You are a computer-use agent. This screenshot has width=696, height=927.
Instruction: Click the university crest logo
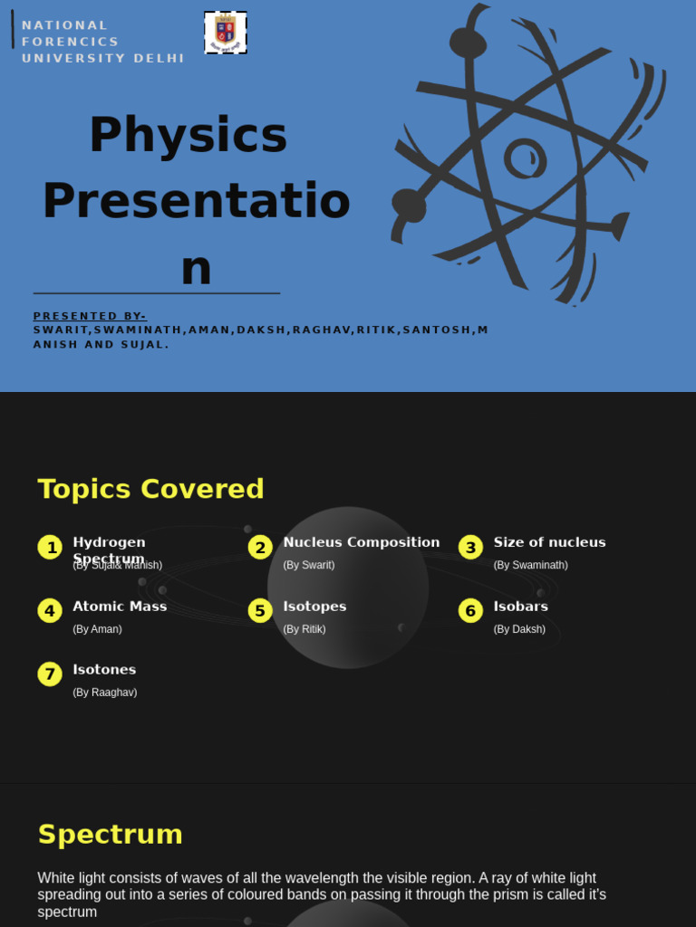[x=226, y=33]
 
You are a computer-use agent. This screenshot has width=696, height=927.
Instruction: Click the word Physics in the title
[x=188, y=135]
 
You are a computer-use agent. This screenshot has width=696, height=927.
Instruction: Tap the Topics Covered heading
[x=150, y=489]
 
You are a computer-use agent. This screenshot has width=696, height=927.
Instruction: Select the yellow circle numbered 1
[x=50, y=547]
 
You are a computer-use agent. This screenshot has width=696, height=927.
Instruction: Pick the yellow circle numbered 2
[x=260, y=547]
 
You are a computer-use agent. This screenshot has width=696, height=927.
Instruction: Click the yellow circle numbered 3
[x=470, y=547]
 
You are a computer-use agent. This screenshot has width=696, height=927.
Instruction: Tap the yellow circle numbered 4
[x=50, y=610]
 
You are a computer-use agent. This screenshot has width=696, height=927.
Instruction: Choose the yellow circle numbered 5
[x=260, y=610]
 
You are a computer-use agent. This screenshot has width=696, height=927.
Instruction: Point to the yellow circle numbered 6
[x=470, y=610]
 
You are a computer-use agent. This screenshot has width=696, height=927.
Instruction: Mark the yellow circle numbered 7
[x=50, y=674]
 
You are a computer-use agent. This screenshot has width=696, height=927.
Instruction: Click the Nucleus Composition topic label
[x=361, y=542]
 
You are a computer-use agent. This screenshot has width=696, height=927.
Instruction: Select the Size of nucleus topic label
[x=549, y=542]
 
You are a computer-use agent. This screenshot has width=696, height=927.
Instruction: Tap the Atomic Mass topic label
[x=120, y=607]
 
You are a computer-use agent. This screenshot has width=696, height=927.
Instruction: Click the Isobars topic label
[x=520, y=607]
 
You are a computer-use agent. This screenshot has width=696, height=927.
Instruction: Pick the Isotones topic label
[x=104, y=670]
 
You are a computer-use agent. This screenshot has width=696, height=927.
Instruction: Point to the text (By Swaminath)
[x=530, y=565]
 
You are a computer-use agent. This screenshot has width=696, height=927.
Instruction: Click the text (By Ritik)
[x=304, y=629]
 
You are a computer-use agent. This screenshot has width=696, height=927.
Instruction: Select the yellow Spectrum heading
[x=110, y=834]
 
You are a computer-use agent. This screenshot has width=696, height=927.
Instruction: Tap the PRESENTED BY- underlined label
[x=90, y=316]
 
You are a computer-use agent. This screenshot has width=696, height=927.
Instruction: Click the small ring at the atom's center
[x=525, y=158]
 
